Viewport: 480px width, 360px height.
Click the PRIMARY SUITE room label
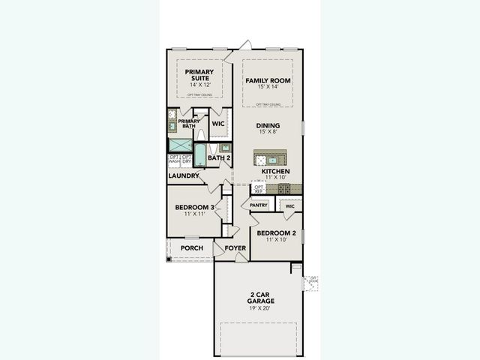[194, 75]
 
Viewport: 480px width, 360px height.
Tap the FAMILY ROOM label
[268, 80]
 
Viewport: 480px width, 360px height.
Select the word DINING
[268, 126]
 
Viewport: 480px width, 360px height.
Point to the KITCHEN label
[275, 172]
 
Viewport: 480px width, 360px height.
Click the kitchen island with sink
[271, 158]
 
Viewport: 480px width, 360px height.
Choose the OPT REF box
[259, 189]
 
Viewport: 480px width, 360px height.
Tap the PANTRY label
[258, 205]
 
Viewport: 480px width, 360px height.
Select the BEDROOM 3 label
[194, 208]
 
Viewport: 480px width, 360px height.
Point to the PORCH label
[192, 248]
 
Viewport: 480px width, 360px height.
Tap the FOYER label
[235, 248]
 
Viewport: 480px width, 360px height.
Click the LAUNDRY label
[184, 176]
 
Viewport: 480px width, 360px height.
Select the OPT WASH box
[174, 159]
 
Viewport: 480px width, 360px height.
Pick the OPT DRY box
[186, 159]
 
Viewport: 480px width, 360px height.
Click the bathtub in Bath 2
[200, 155]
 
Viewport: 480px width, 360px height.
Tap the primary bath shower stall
[180, 145]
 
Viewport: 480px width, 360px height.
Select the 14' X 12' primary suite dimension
[194, 85]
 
